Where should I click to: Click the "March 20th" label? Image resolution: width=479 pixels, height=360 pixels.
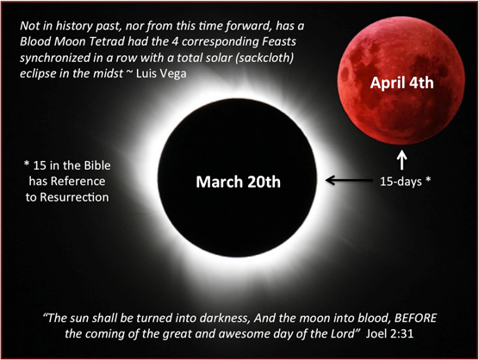238,182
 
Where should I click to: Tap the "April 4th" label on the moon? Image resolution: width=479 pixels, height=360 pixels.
401,83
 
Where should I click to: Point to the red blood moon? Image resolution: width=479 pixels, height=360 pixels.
401,80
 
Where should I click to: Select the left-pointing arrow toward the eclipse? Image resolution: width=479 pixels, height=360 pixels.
349,180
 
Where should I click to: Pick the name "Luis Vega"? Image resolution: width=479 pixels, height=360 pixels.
161,73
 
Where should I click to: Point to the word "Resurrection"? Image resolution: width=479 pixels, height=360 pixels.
74,197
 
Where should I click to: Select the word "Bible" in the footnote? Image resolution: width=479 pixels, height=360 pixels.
96,165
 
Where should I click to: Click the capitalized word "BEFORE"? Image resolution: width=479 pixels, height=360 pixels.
415,318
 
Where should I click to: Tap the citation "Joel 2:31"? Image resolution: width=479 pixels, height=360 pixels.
389,333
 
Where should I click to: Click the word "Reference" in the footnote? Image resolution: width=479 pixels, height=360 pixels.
78,182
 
